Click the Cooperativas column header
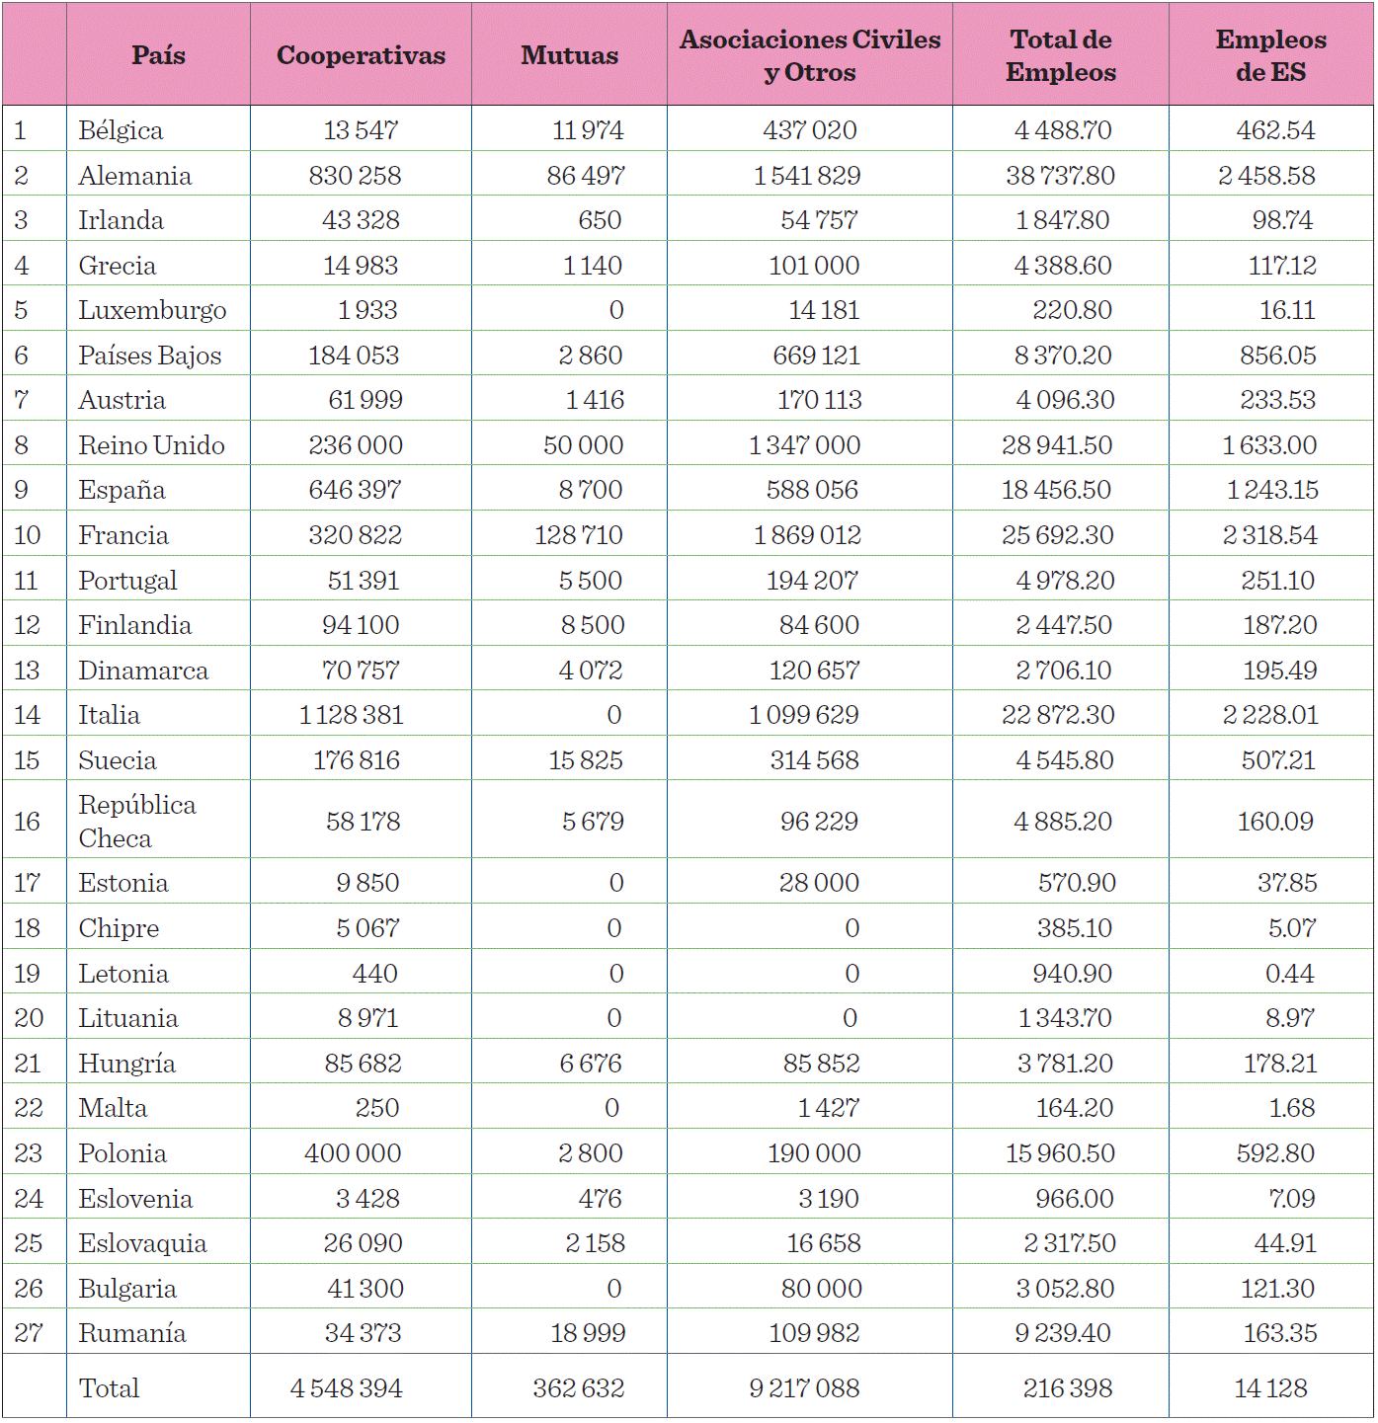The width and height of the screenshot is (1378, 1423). [x=361, y=55]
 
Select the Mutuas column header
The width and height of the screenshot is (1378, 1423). [x=569, y=55]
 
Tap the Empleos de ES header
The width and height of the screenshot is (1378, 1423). [x=1270, y=55]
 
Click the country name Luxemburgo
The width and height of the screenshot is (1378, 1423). [x=152, y=310]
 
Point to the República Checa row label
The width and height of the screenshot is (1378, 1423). [x=136, y=821]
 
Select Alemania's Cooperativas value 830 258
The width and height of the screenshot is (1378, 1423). [x=355, y=176]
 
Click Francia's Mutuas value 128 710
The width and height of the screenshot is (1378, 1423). [x=579, y=535]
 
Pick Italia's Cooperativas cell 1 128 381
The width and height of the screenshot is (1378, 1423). [x=352, y=715]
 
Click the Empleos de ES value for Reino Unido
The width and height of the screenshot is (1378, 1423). [x=1269, y=445]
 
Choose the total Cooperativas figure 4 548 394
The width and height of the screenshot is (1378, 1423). [x=346, y=1388]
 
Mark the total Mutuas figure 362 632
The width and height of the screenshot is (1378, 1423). [x=579, y=1388]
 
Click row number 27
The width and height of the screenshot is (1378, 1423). [x=29, y=1333]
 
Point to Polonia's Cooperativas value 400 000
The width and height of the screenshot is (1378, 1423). [x=353, y=1153]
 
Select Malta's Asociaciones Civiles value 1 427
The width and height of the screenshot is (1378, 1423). [x=828, y=1108]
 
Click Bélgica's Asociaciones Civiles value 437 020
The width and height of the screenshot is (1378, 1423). [x=809, y=130]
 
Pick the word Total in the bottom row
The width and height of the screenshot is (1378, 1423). [x=109, y=1388]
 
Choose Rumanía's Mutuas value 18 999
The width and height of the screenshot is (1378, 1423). [x=588, y=1333]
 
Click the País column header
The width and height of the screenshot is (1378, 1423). [x=158, y=55]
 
